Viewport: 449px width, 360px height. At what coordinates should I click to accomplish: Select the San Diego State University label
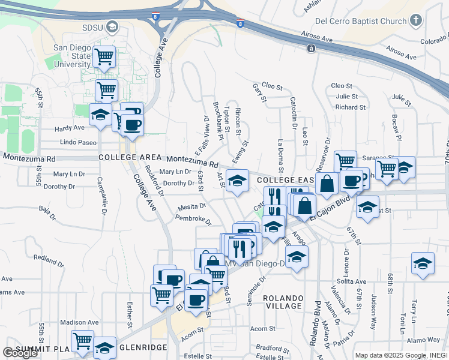click(72, 56)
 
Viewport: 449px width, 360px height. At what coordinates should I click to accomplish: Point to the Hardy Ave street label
click(70, 128)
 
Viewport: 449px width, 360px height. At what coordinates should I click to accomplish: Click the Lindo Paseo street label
click(78, 142)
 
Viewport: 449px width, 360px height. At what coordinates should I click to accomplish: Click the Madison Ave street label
click(79, 322)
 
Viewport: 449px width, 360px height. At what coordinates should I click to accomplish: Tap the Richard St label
click(351, 107)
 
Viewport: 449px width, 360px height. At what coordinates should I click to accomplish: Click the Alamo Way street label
click(424, 340)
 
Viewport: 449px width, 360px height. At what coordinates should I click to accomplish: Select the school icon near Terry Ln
click(423, 264)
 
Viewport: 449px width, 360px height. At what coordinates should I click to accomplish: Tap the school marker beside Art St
click(238, 181)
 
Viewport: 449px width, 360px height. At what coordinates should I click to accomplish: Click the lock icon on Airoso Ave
click(311, 48)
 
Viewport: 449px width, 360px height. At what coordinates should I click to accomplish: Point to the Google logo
click(20, 353)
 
